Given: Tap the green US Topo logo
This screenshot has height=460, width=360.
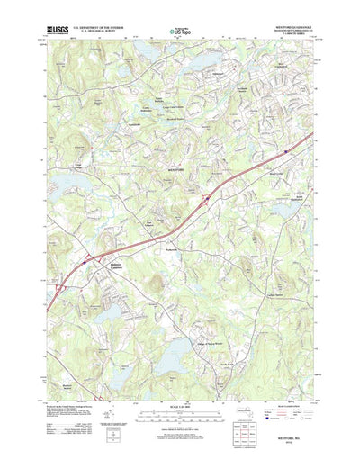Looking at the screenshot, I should (181, 35).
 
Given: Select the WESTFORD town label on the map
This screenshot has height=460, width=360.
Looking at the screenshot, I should (179, 169).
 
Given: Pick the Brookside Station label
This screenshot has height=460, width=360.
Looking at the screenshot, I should (238, 90).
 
